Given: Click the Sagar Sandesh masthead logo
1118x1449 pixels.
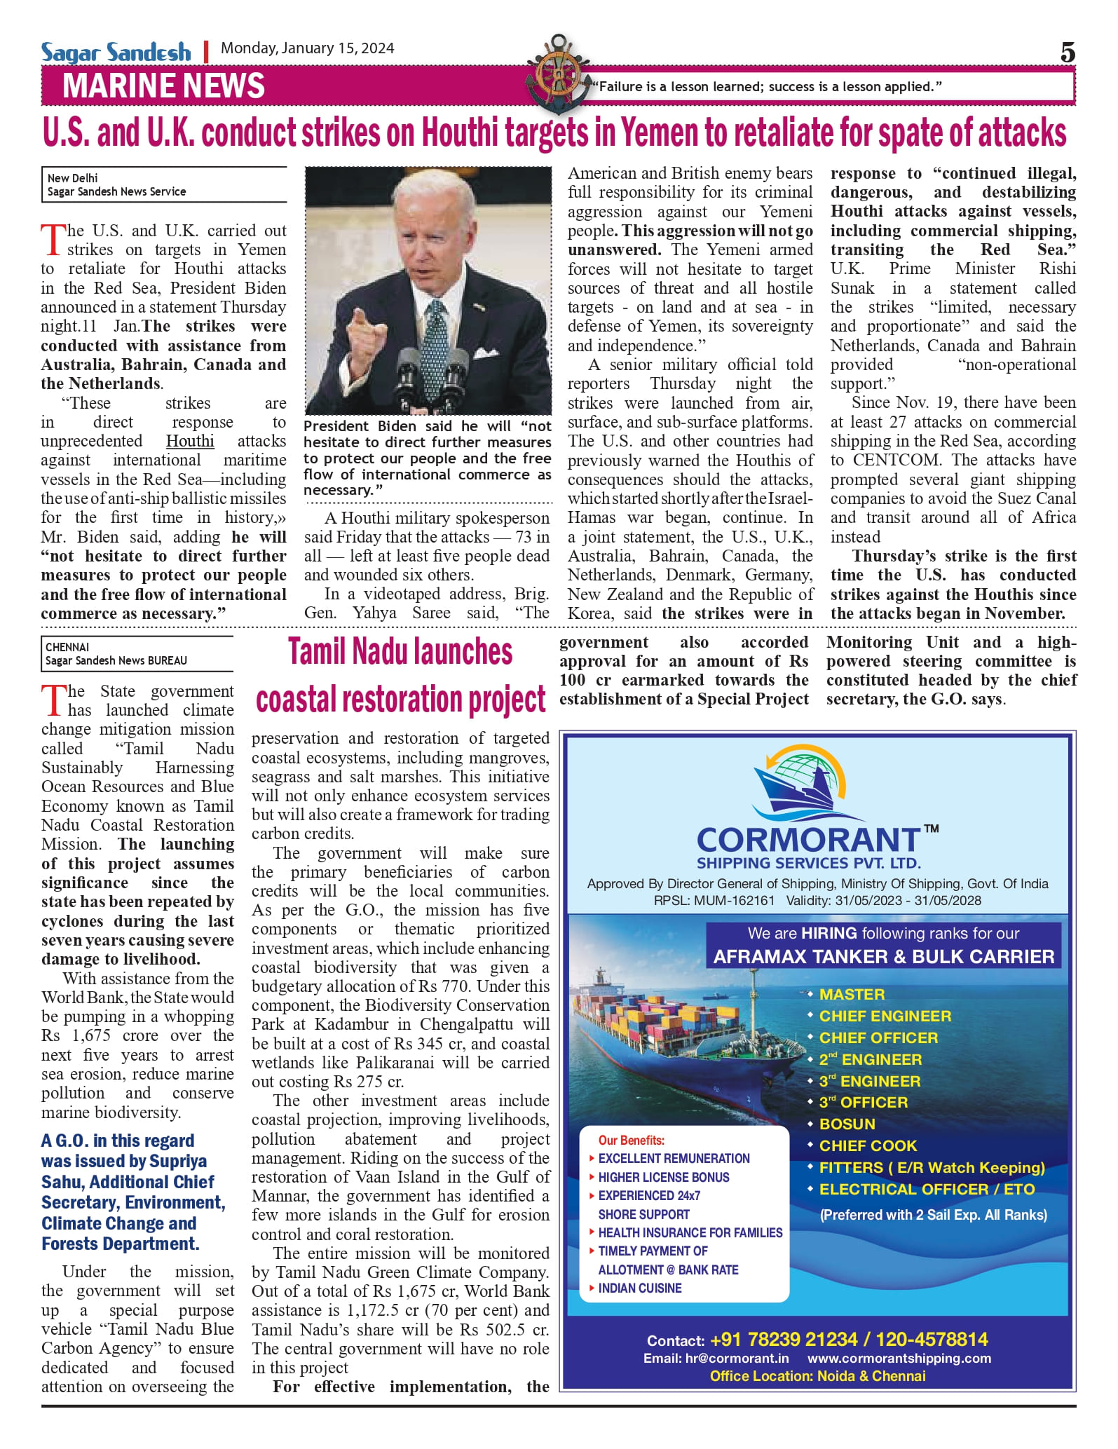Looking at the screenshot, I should (x=116, y=52).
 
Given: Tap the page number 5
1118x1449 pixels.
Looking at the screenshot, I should (x=1067, y=53).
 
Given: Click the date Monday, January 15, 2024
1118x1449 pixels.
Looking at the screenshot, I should (x=307, y=48).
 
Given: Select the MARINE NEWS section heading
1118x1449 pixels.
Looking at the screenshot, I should (x=163, y=86).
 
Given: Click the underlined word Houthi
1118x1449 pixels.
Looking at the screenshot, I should (x=190, y=441).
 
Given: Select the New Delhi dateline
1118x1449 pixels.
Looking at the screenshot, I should (x=73, y=178).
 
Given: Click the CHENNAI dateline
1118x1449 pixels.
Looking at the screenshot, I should (x=67, y=647).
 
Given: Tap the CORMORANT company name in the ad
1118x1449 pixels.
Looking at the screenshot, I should (x=807, y=840).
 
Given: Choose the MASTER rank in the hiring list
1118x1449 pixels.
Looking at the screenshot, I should (x=852, y=994).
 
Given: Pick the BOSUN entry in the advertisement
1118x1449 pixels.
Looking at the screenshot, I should (x=847, y=1124).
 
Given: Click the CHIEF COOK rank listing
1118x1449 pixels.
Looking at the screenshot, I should (x=868, y=1145).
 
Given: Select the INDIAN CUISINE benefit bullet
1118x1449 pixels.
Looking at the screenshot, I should (x=639, y=1288).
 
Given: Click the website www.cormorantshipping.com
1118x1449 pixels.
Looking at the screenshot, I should (x=899, y=1358).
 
